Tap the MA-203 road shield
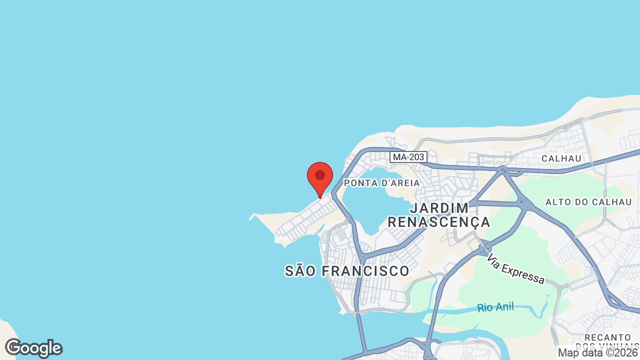(x=408, y=157)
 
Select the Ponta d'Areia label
(x=382, y=183)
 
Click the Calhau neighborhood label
(x=561, y=158)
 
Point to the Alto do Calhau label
(x=588, y=202)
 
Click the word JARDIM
(x=439, y=208)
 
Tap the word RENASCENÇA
(x=439, y=222)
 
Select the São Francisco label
(x=347, y=271)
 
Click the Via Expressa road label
(x=515, y=269)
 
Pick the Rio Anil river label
(x=495, y=307)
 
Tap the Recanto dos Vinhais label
(x=607, y=342)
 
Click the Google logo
(x=33, y=348)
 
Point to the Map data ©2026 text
(x=598, y=353)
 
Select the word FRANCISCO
(x=365, y=271)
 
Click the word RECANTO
(x=607, y=337)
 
